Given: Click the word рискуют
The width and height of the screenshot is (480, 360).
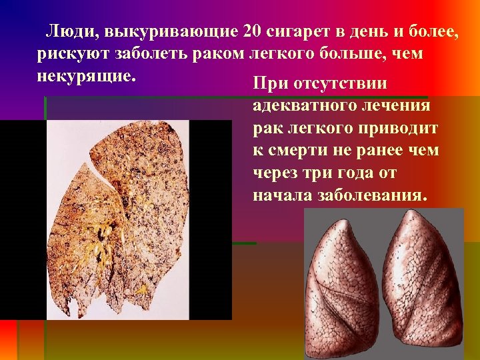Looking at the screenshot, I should [x=75, y=53].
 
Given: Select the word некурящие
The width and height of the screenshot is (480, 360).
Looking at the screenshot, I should [x=87, y=75].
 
